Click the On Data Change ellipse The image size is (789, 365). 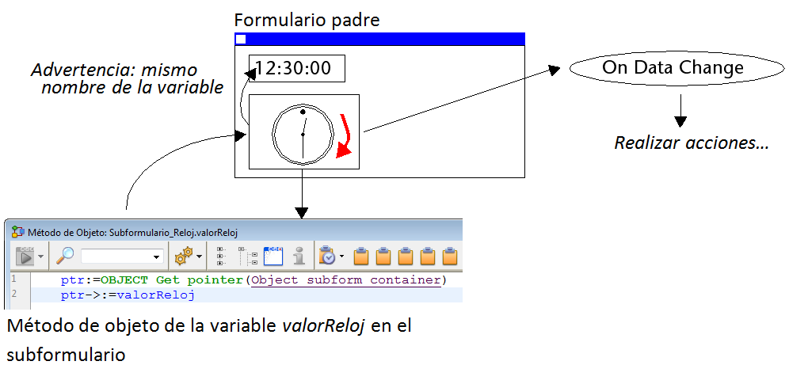[673, 67]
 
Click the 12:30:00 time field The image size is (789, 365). [296, 68]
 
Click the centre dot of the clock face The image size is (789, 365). [303, 135]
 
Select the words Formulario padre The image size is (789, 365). [307, 19]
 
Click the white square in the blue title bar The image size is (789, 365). [242, 39]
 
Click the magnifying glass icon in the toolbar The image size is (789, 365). [66, 256]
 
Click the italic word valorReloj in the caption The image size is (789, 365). [323, 325]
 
